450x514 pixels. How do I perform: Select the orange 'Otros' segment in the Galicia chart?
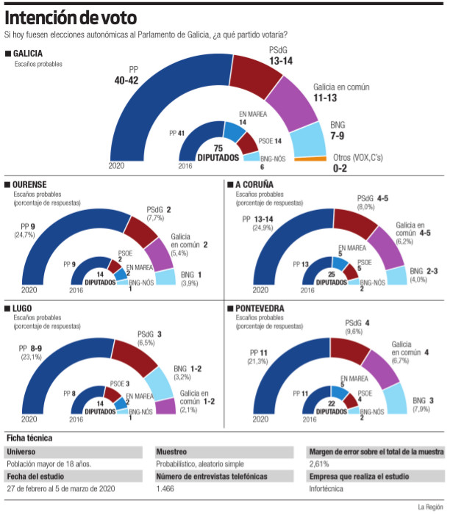[x=310, y=158]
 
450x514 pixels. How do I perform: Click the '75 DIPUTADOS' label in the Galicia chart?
[x=218, y=153]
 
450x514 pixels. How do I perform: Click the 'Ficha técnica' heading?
[x=30, y=438]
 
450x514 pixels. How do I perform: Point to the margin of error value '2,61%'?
[x=318, y=463]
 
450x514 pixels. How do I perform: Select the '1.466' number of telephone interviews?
[x=165, y=488]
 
